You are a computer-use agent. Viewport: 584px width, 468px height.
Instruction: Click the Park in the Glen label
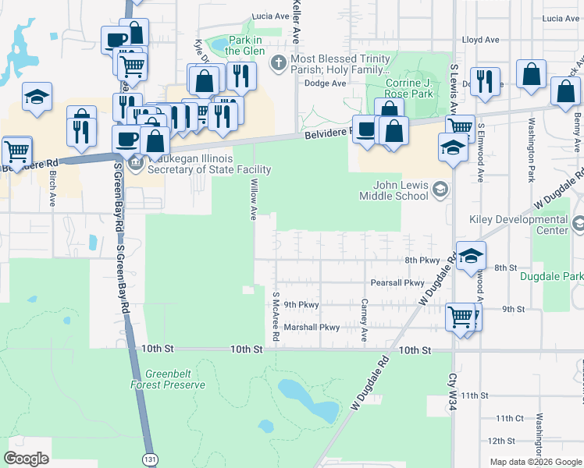(246, 45)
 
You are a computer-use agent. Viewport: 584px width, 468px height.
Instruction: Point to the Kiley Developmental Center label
(518, 225)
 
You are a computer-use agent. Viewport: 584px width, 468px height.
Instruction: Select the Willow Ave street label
(253, 198)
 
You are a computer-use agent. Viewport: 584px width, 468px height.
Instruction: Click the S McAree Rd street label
(276, 316)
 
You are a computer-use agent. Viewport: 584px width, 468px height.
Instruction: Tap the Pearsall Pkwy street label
(397, 283)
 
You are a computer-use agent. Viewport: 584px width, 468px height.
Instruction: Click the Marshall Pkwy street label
(312, 328)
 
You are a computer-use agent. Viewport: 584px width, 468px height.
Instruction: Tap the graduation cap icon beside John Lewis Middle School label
(441, 189)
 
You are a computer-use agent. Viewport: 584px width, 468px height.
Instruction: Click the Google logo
(27, 459)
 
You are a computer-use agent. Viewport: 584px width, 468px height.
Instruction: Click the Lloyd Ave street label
(480, 39)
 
